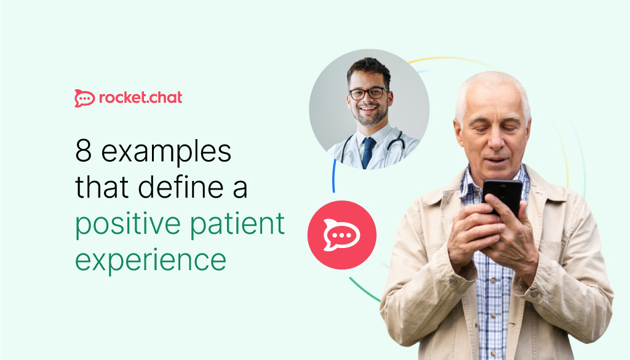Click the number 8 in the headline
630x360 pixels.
point(83,151)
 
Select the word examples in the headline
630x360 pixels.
point(166,151)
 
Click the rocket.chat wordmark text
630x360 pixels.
point(140,97)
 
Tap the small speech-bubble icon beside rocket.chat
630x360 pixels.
point(84,98)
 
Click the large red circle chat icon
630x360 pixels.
point(341,235)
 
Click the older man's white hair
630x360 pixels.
point(492,86)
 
